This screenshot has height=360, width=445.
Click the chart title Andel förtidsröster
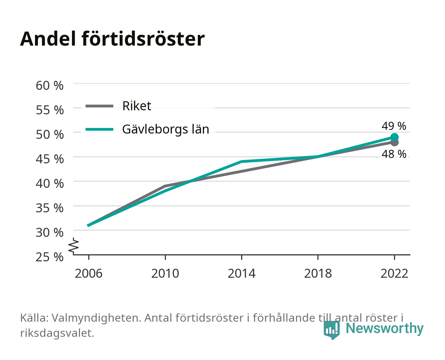pyautogui.click(x=112, y=39)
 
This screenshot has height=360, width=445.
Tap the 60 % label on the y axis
pyautogui.click(x=50, y=86)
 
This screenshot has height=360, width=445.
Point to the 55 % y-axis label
pyautogui.click(x=50, y=110)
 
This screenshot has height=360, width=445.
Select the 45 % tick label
pyautogui.click(x=50, y=159)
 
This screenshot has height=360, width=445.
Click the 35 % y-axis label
pyautogui.click(x=50, y=208)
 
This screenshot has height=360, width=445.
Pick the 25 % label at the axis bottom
pyautogui.click(x=50, y=257)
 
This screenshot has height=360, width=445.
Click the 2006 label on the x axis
pyautogui.click(x=89, y=273)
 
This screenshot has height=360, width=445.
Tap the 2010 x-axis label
pyautogui.click(x=165, y=273)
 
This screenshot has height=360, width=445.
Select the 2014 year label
pyautogui.click(x=241, y=273)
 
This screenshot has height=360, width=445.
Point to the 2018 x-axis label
pyautogui.click(x=318, y=273)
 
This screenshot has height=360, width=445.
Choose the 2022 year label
pyautogui.click(x=394, y=273)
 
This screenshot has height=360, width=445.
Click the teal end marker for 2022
pyautogui.click(x=394, y=137)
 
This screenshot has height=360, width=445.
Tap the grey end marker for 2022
pyautogui.click(x=394, y=143)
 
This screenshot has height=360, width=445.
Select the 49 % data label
pyautogui.click(x=394, y=126)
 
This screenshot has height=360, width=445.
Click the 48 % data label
pyautogui.click(x=394, y=154)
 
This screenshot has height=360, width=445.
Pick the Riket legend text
pyautogui.click(x=137, y=106)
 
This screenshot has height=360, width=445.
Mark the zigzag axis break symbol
pyautogui.click(x=74, y=246)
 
